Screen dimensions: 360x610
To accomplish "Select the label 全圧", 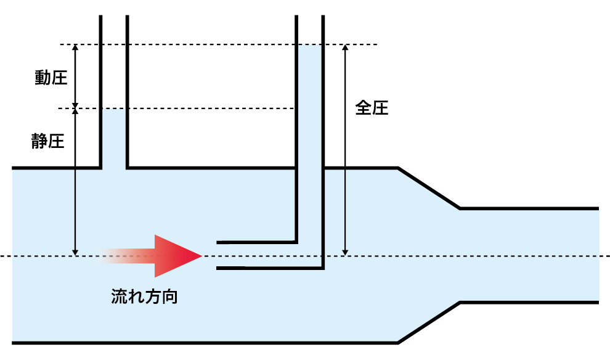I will tap(372, 108).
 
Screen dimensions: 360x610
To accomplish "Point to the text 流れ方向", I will tap(144, 297).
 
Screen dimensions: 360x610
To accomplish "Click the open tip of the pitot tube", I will tap(218, 255).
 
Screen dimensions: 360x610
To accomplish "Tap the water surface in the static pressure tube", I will tap(114, 110).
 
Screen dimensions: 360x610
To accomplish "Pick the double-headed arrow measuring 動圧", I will tap(75, 77).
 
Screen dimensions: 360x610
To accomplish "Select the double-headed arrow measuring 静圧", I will tap(75, 182).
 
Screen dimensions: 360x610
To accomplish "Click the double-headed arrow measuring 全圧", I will tap(346, 150).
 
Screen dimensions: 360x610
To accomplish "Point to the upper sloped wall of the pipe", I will tap(429, 188).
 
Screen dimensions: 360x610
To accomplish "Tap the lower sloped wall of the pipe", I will tap(429, 322).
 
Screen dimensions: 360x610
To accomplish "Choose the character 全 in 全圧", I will tap(364, 108).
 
